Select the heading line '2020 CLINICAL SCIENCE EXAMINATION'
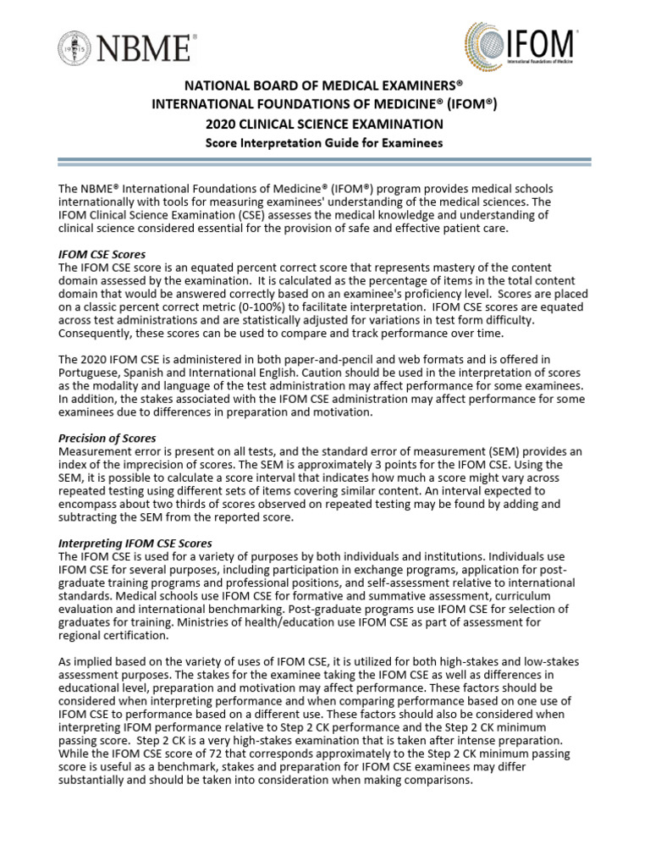[324, 124]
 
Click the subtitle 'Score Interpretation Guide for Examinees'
[324, 142]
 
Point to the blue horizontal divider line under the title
[324, 161]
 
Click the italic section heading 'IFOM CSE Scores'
[102, 254]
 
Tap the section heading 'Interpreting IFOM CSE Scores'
[135, 543]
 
